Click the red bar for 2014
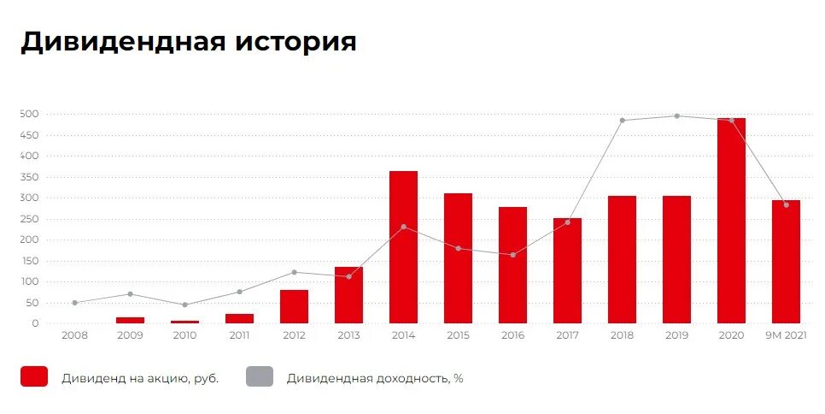click(x=403, y=247)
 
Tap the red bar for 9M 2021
click(x=786, y=262)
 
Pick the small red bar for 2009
click(x=130, y=320)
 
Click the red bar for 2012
click(x=294, y=306)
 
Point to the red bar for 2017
click(x=567, y=270)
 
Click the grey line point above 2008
click(x=75, y=303)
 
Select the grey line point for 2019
click(x=677, y=116)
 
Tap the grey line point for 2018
click(x=623, y=121)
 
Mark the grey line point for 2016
click(x=513, y=255)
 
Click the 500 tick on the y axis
click(x=30, y=114)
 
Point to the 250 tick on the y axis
click(x=30, y=219)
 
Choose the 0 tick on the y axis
click(x=36, y=323)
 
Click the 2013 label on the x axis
click(x=348, y=335)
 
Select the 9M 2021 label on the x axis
click(x=786, y=335)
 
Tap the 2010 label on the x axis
click(x=184, y=335)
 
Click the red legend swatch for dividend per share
click(x=34, y=376)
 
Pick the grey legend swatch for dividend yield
click(x=260, y=376)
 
